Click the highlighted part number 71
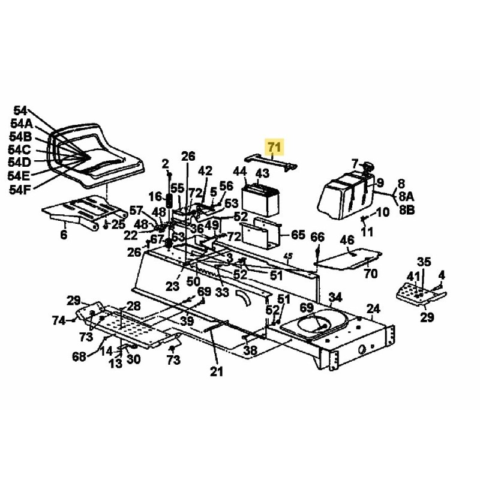pos(274,146)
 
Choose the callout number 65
pos(298,235)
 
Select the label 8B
pos(406,210)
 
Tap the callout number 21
pos(216,372)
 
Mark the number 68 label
pos(79,357)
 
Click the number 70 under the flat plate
pos(371,274)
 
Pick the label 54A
pos(21,123)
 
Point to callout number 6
pos(64,235)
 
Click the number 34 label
pos(335,297)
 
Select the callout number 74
pos(58,321)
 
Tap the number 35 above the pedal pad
pos(424,262)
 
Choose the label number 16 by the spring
pos(155,197)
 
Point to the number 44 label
pos(240,172)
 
